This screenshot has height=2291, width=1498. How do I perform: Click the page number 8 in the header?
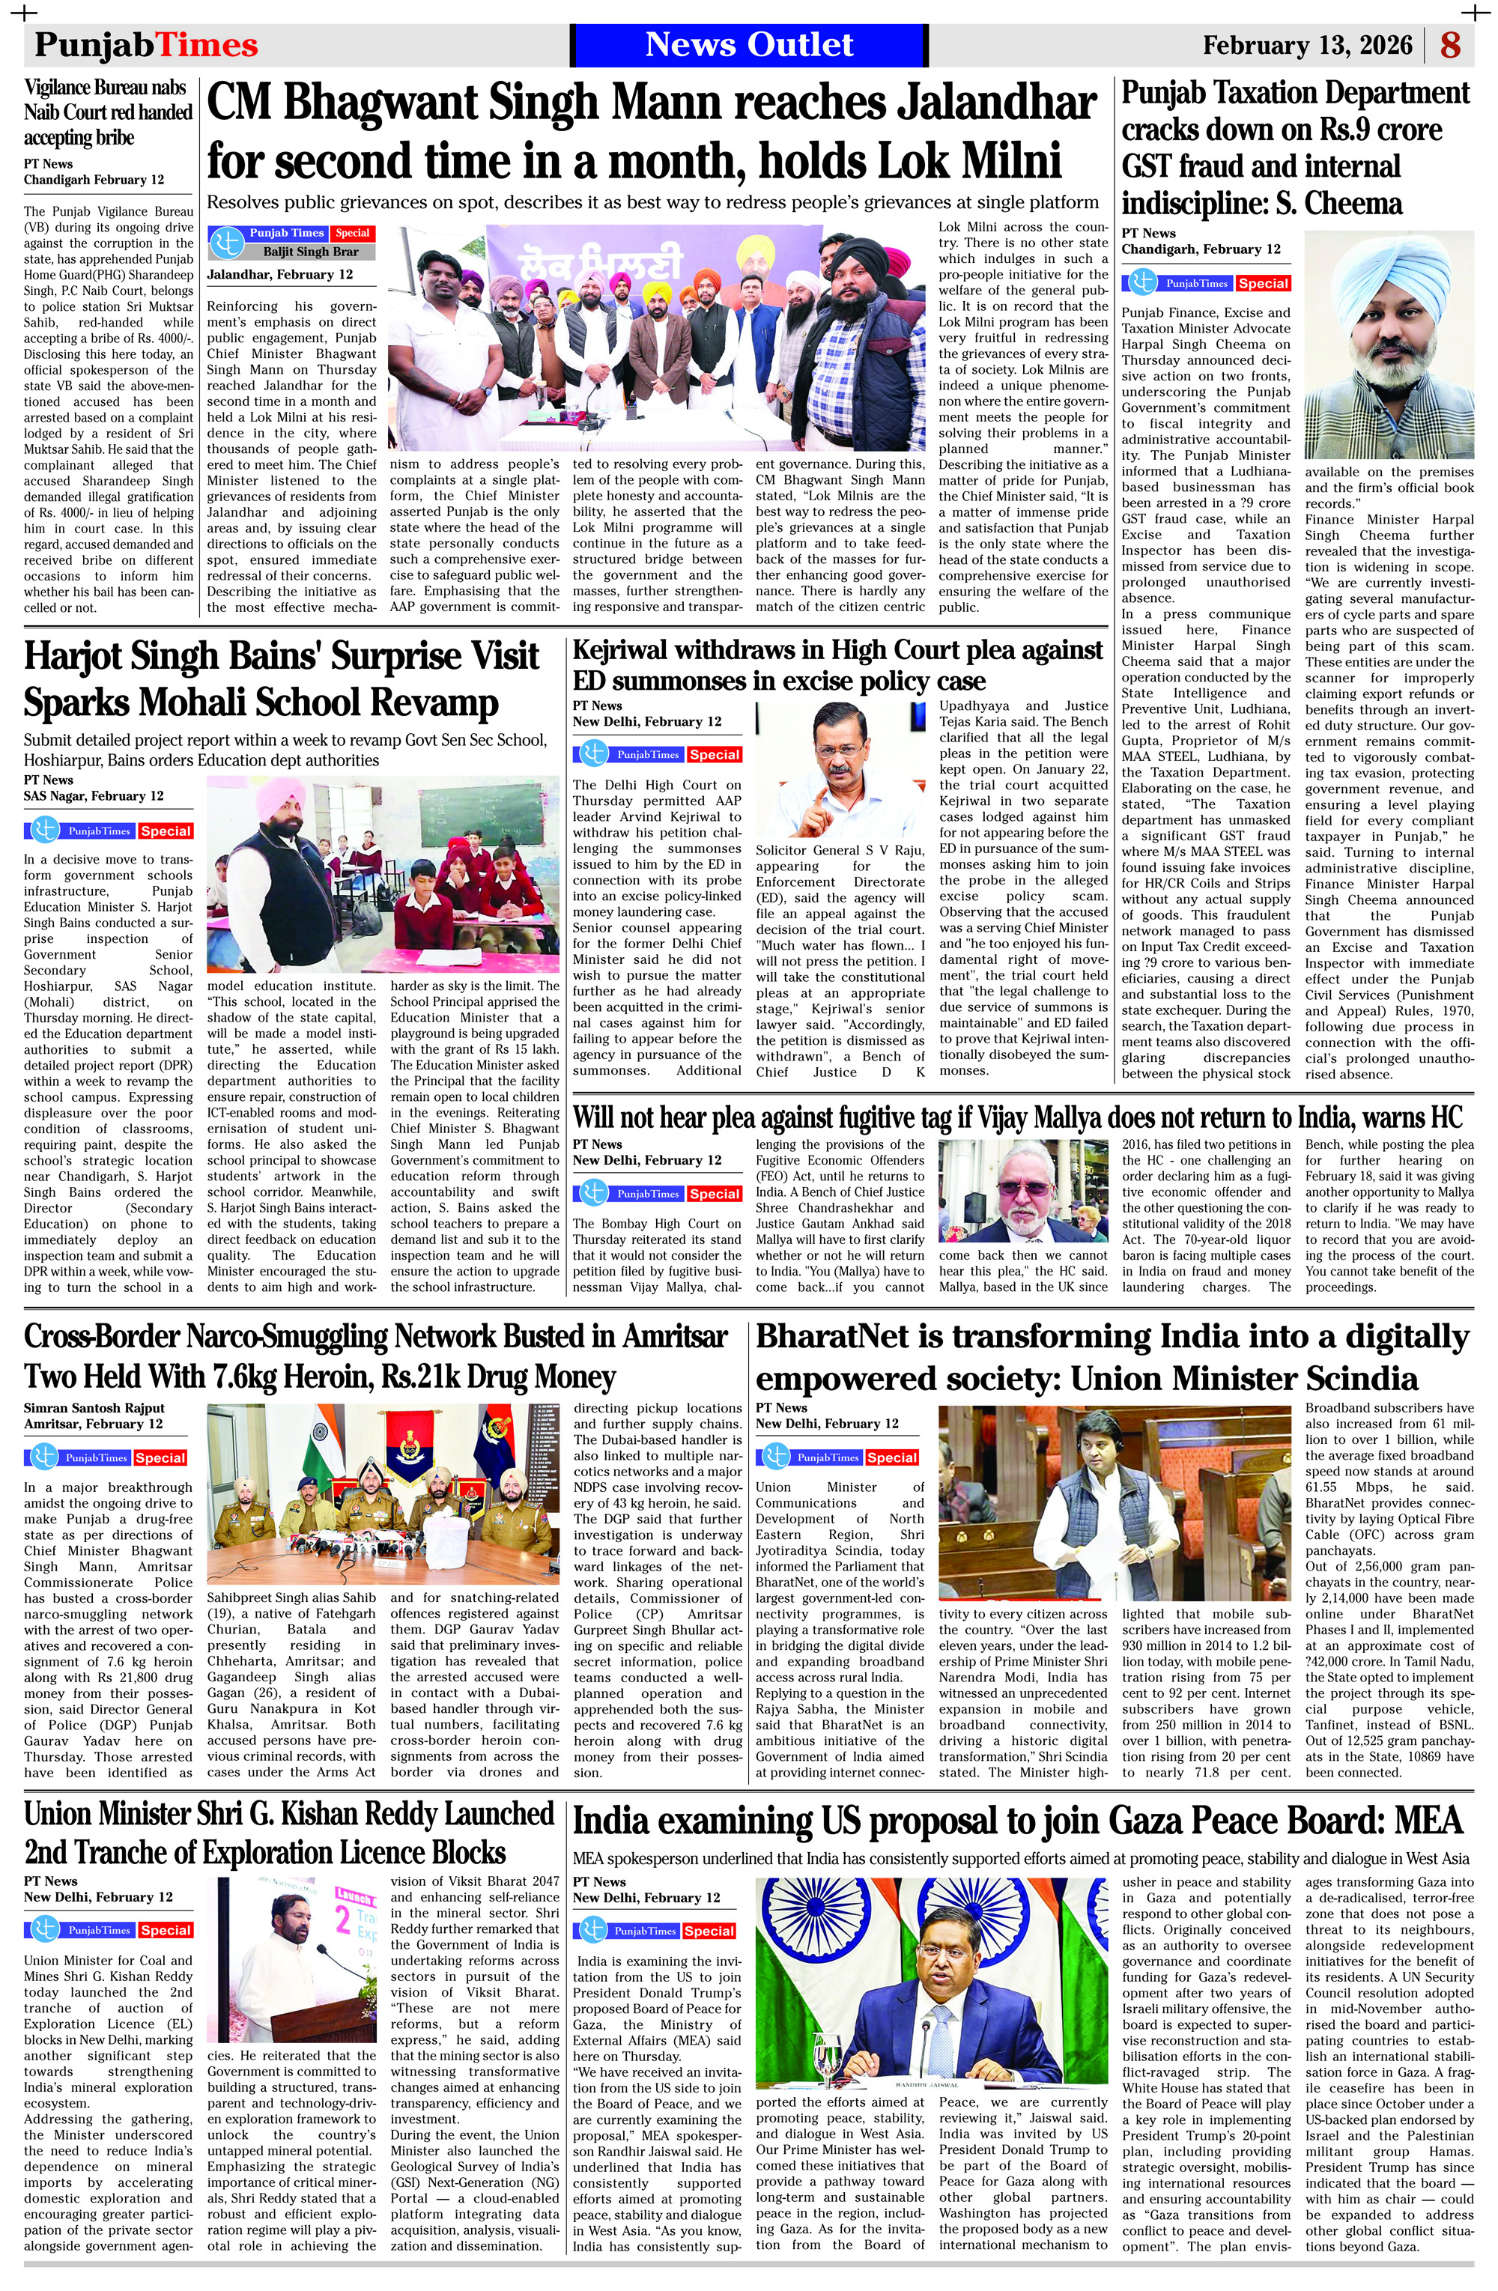[x=1451, y=45]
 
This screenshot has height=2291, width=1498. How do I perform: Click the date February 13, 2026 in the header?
[x=1308, y=45]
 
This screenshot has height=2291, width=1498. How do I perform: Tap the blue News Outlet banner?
[x=748, y=44]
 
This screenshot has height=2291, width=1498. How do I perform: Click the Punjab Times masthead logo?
[x=146, y=45]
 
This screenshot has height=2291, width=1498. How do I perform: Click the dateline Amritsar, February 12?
[x=94, y=1424]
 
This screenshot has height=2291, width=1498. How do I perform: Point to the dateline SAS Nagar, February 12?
[x=94, y=796]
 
